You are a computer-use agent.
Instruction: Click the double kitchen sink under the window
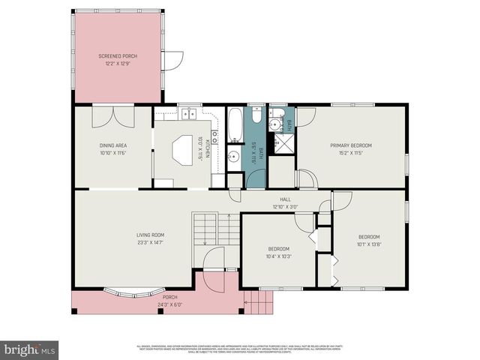187,114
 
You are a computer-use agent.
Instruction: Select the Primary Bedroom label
351,145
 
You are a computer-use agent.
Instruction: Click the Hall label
285,199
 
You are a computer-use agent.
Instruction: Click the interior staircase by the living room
205,228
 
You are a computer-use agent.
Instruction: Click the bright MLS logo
29,349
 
